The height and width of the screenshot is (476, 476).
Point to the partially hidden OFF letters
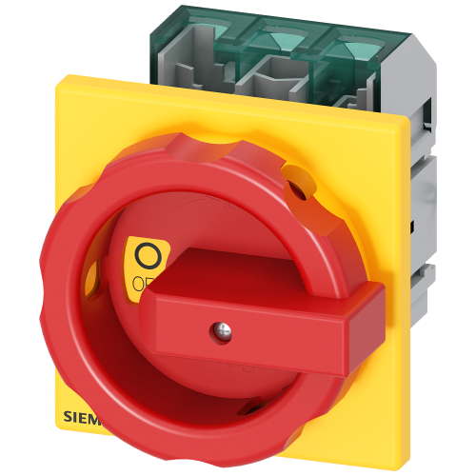click(x=141, y=282)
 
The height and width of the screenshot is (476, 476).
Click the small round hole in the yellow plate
click(x=304, y=188)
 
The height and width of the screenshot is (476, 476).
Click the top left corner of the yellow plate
click(x=65, y=76)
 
